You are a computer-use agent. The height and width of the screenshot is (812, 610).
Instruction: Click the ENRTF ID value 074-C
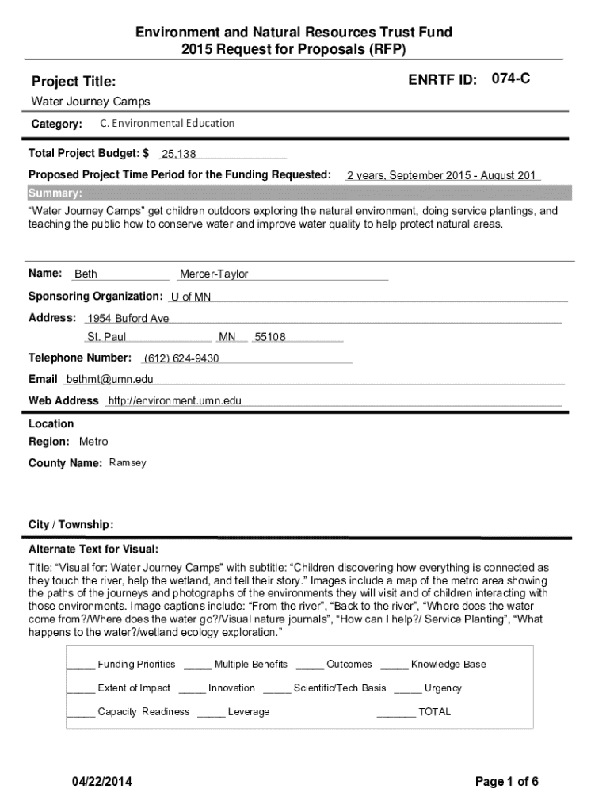[511, 79]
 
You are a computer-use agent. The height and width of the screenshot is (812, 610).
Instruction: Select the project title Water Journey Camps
[90, 101]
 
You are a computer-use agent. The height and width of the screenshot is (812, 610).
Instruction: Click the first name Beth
[86, 274]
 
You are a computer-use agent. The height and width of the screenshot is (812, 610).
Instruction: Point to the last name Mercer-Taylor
[214, 274]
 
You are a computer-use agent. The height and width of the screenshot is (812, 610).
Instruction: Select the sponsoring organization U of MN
[191, 297]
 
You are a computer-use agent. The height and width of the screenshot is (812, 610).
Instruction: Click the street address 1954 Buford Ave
[128, 319]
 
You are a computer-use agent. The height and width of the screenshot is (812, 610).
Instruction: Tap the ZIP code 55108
[269, 338]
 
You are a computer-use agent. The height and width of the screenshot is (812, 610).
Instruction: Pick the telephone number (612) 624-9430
[181, 359]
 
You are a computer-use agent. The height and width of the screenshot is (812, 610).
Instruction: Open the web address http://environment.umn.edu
[175, 401]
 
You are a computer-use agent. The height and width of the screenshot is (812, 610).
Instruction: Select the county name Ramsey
[128, 463]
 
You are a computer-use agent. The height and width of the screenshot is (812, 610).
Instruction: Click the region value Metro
[93, 442]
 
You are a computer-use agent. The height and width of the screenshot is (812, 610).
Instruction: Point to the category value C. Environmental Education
[167, 124]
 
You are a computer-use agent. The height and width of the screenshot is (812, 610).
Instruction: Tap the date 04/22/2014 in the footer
[100, 783]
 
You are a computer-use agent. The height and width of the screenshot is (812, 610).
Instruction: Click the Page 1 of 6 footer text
[507, 783]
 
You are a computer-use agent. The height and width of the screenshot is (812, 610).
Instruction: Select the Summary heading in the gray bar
[55, 193]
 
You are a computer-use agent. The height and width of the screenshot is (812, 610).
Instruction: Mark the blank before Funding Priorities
[81, 665]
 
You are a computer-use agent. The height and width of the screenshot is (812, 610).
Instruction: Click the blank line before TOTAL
[396, 713]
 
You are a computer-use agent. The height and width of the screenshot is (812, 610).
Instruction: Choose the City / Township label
[71, 525]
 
